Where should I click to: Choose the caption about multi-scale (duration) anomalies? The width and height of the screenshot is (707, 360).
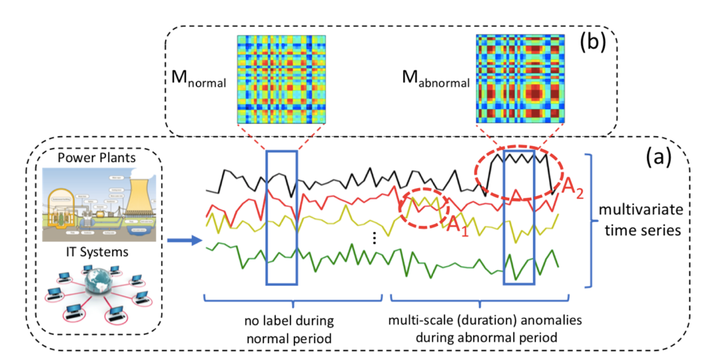[x=485, y=329]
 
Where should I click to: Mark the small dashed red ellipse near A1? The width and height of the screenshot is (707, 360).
[x=424, y=208]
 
